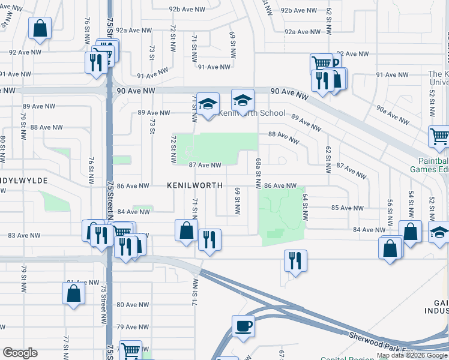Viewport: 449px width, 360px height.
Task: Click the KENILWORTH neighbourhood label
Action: (194, 186)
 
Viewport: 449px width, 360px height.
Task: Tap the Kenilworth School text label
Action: (252, 113)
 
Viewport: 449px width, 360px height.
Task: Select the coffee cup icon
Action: (243, 326)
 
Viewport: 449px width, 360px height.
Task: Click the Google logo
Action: (20, 353)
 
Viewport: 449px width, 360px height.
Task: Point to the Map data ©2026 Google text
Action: (408, 355)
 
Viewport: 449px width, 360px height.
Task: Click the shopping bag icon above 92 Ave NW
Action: (40, 28)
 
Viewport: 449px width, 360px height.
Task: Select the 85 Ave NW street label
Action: (347, 208)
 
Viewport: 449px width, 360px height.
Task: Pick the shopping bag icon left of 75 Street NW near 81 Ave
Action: (73, 293)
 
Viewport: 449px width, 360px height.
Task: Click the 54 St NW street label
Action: (411, 200)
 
